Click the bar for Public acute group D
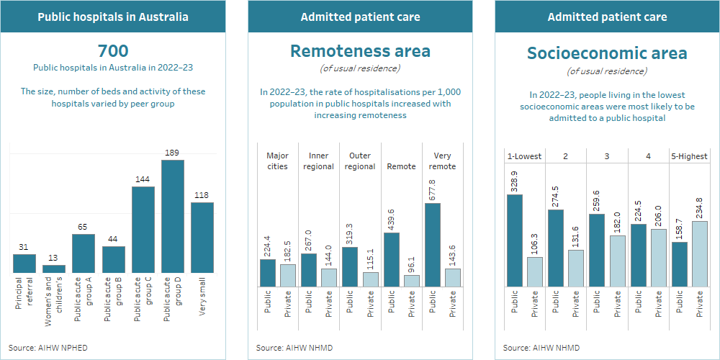pyautogui.click(x=173, y=217)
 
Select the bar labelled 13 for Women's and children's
pyautogui.click(x=54, y=269)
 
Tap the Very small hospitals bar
pyautogui.click(x=202, y=238)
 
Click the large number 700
pyautogui.click(x=113, y=50)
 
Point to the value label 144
pyautogui.click(x=143, y=179)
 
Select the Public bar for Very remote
pyautogui.click(x=432, y=245)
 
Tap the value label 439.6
pyautogui.click(x=391, y=215)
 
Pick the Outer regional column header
pyautogui.click(x=360, y=161)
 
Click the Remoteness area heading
pyautogui.click(x=360, y=51)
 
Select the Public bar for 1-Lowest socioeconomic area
pyautogui.click(x=514, y=240)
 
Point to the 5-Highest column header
pyautogui.click(x=689, y=156)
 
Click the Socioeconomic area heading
pyautogui.click(x=607, y=53)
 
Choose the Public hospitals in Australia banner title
pyautogui.click(x=113, y=17)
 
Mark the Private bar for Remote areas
pyautogui.click(x=412, y=281)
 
